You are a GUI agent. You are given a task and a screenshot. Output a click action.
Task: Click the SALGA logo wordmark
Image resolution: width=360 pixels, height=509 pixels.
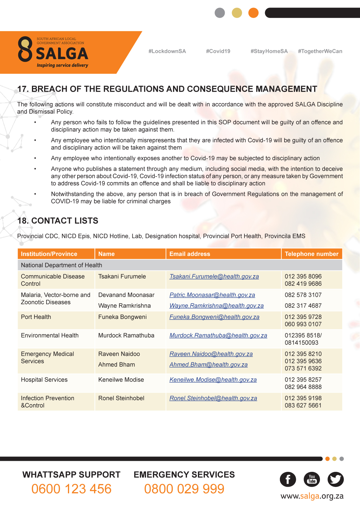(62, 54)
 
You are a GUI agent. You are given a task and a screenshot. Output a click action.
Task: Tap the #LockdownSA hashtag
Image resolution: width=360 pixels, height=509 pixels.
(167, 51)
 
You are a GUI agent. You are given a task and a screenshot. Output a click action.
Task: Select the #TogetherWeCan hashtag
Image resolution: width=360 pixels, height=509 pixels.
(320, 51)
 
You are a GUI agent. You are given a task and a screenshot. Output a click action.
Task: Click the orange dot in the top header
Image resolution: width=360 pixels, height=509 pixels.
(253, 13)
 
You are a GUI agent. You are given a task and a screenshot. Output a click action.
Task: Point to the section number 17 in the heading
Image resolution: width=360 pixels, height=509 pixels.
(23, 89)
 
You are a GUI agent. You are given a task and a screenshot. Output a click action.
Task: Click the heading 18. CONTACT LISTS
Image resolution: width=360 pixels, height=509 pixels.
(58, 221)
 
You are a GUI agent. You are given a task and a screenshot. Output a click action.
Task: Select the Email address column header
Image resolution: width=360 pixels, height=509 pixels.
(190, 254)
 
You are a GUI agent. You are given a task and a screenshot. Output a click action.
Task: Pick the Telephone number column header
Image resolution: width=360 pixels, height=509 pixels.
(312, 254)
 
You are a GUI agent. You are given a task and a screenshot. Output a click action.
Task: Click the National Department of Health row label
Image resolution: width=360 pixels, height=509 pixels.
(62, 265)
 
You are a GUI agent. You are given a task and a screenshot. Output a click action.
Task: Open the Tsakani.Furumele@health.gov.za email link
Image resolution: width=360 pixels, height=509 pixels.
(214, 277)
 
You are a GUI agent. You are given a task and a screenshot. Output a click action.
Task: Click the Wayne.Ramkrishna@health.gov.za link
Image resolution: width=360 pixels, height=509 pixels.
(216, 306)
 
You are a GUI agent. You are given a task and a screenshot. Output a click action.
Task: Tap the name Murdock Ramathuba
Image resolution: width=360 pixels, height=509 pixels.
(126, 335)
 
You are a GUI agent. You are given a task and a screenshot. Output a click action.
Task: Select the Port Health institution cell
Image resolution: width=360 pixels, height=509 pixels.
(36, 317)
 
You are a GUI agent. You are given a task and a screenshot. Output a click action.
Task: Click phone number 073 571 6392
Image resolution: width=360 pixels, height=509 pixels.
(303, 369)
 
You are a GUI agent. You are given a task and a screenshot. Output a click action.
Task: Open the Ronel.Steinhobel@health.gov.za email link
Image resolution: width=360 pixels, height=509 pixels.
(213, 398)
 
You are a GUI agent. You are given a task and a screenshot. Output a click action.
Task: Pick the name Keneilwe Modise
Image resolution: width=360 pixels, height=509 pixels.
(121, 380)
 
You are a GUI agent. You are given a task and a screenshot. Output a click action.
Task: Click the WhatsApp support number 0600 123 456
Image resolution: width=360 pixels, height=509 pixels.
(71, 489)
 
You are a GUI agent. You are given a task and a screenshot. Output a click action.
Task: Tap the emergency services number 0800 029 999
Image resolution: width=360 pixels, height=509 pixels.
(184, 489)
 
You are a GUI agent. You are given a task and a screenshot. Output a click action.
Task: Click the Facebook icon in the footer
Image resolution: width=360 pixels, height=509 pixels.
(288, 479)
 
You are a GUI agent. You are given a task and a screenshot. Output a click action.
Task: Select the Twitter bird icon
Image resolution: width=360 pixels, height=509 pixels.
(336, 479)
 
